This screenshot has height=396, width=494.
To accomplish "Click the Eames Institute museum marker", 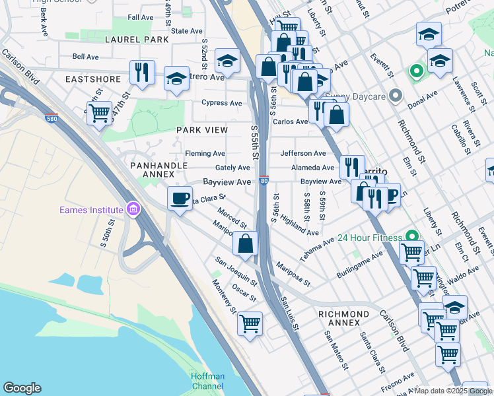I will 133,210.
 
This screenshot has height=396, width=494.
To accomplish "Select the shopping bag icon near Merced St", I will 246,243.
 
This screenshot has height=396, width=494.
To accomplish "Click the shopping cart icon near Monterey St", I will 250,324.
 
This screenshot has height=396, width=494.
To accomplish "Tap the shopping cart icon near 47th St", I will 99,113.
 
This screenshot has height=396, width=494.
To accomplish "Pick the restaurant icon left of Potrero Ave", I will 142,73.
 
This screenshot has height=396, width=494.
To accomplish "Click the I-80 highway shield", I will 264,180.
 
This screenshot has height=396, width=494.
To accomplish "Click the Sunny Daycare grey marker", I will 396,97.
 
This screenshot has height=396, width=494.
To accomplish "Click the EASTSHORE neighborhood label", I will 93,79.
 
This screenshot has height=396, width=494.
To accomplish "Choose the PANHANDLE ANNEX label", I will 153,170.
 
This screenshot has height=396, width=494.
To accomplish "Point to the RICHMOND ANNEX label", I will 343,318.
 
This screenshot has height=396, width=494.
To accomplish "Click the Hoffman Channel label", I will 207,381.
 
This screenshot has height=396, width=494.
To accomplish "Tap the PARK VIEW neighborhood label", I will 201,130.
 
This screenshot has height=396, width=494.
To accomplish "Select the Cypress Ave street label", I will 223,103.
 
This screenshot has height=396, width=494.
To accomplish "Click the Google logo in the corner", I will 22,388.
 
